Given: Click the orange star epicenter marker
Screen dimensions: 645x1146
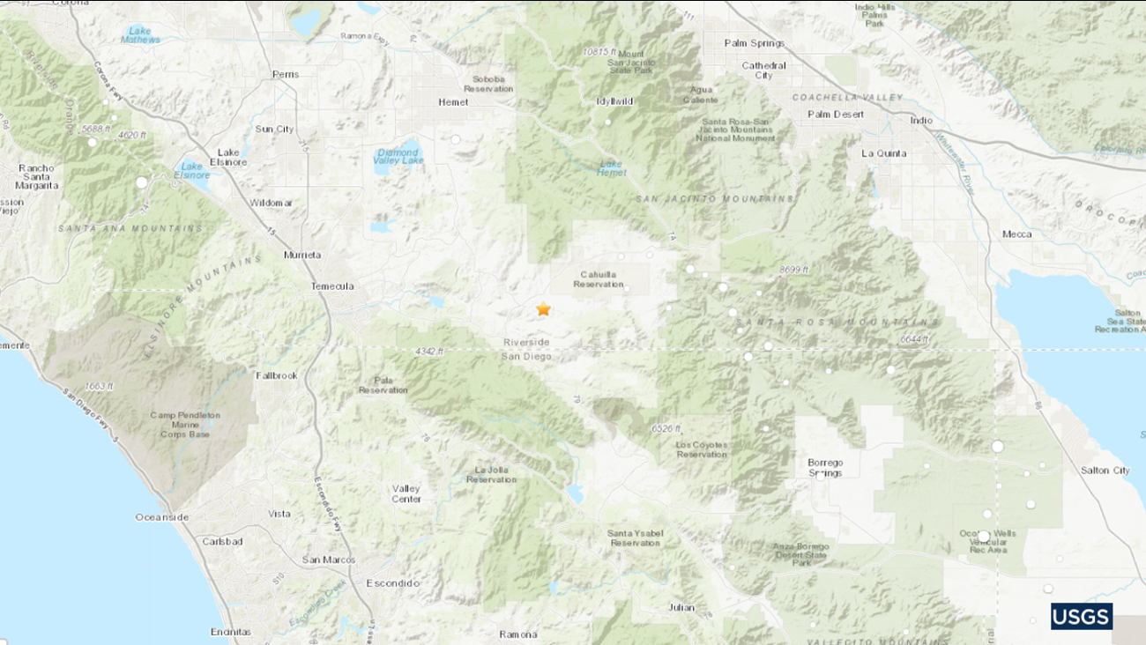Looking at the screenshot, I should pos(543,309).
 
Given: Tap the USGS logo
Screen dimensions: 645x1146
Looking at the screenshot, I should pos(1081,616).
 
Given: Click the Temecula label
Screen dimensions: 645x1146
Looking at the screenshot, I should pos(332,286).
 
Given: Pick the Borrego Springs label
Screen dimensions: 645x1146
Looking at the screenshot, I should pos(825,467).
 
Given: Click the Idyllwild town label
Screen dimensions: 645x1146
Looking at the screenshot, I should pos(616,101).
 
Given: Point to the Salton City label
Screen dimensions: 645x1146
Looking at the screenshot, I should pos(1105,471).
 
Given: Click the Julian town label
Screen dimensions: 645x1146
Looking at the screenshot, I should pos(681,607).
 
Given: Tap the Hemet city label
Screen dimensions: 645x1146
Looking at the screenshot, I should pos(454,101).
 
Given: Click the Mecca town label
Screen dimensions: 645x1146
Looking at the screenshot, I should pos(1016,234).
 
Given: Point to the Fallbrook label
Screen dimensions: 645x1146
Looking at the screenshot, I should pos(276,375).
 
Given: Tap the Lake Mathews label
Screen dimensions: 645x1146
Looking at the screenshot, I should pos(140,34).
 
